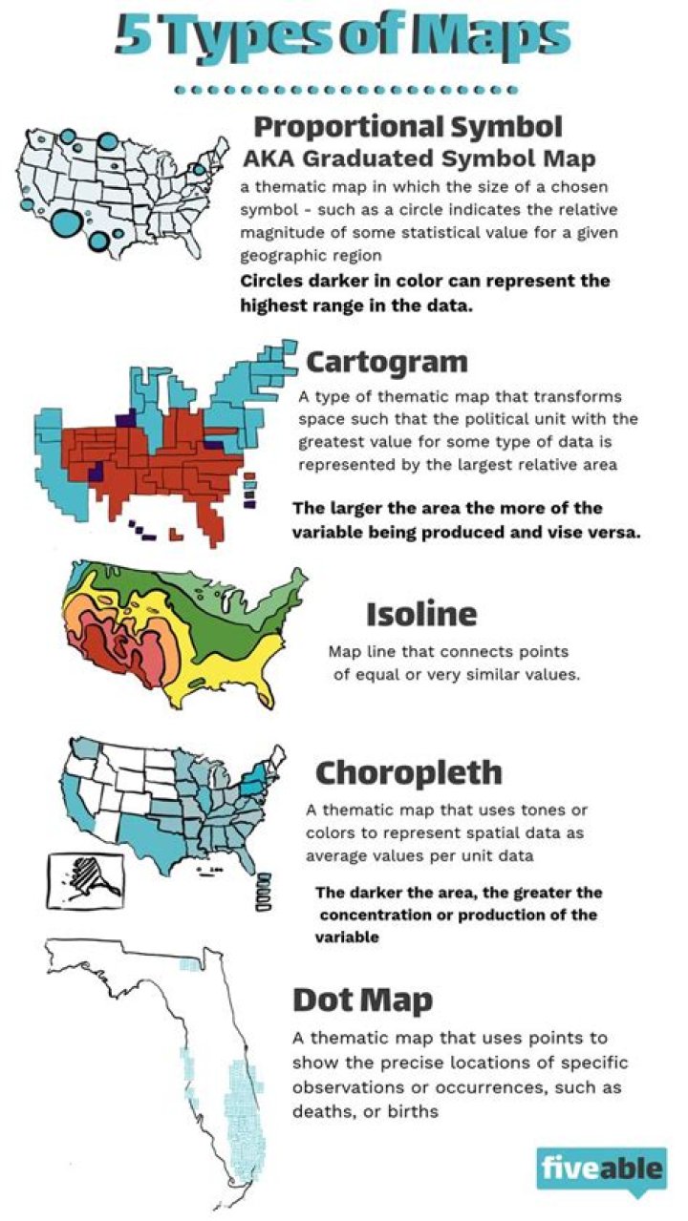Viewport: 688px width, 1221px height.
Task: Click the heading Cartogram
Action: [387, 362]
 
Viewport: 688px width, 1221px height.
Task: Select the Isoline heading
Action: [420, 613]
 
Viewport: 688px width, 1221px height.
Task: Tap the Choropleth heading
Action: [408, 771]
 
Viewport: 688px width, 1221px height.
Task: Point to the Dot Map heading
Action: [362, 1000]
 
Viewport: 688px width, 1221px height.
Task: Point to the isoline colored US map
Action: [172, 630]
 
